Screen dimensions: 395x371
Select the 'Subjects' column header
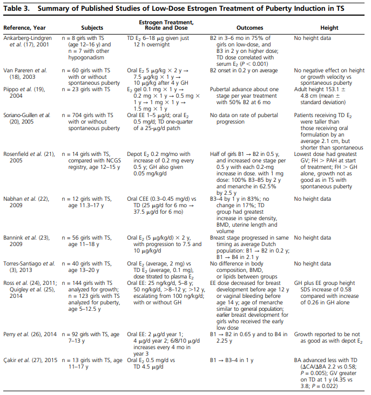[x=92, y=28]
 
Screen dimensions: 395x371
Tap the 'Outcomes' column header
[x=250, y=28]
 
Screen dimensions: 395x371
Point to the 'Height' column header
[x=329, y=28]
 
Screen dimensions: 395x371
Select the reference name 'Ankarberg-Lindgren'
[x=29, y=39]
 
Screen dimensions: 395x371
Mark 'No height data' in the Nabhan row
[x=313, y=199]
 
